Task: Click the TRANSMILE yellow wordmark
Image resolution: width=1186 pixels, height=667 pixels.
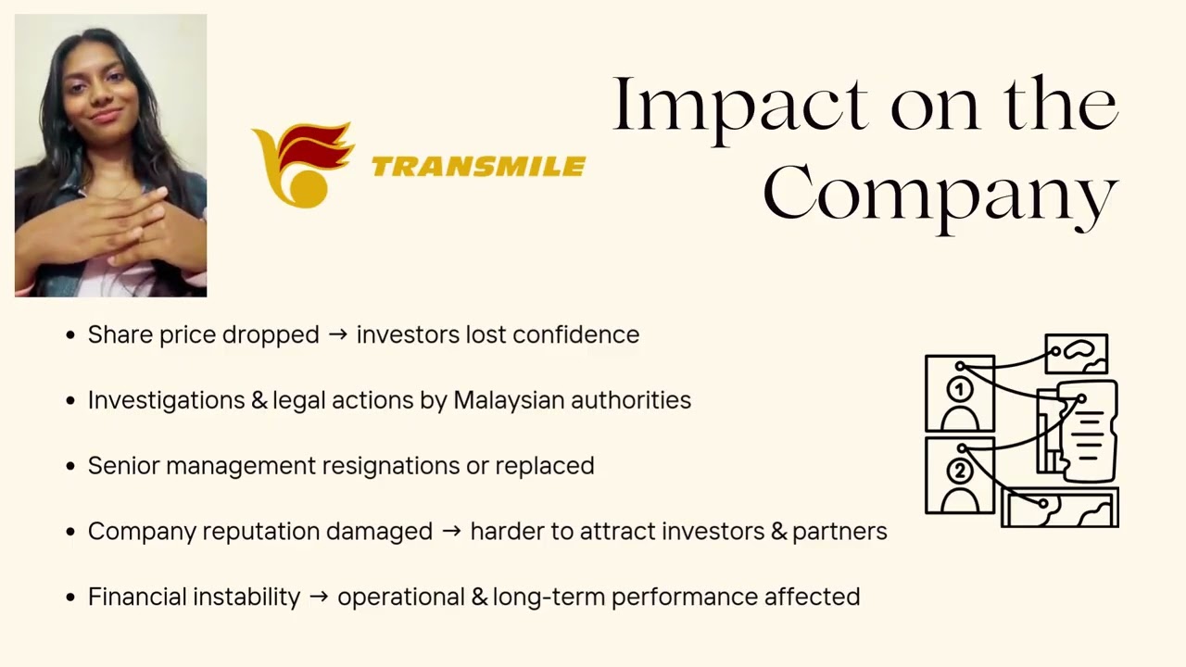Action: pyautogui.click(x=478, y=167)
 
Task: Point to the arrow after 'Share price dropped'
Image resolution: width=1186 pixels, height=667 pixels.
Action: pyautogui.click(x=338, y=334)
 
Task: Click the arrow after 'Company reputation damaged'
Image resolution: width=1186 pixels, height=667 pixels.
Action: pyautogui.click(x=451, y=532)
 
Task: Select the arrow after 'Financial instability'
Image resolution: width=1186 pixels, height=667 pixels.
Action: pyautogui.click(x=319, y=597)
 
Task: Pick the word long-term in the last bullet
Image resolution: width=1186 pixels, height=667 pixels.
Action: pyautogui.click(x=549, y=597)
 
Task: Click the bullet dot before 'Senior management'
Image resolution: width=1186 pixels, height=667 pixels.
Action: pyautogui.click(x=70, y=466)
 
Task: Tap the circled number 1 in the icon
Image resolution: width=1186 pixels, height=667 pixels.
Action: pyautogui.click(x=960, y=390)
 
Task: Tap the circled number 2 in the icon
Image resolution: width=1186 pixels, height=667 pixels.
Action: pyautogui.click(x=960, y=472)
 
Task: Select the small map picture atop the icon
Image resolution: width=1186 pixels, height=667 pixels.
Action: pyautogui.click(x=1077, y=353)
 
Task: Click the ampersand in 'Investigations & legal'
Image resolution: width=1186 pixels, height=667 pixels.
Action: pyautogui.click(x=259, y=400)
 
